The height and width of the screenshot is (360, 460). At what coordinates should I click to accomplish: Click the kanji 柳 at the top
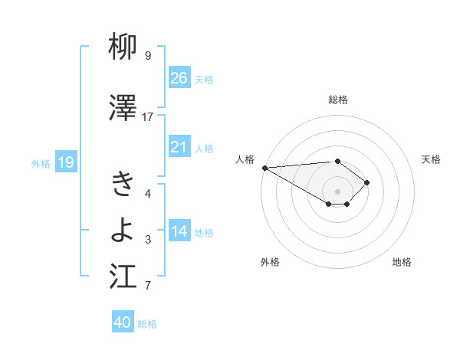(124, 49)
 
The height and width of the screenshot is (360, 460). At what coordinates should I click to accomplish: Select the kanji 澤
(124, 110)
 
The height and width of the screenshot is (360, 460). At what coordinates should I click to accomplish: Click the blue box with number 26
(179, 78)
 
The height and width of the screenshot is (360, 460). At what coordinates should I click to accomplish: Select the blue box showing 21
(179, 147)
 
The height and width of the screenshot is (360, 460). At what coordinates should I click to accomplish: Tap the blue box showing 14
(179, 231)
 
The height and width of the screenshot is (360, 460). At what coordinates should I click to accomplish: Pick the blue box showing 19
(65, 162)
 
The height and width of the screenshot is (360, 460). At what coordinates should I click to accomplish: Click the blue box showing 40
(123, 322)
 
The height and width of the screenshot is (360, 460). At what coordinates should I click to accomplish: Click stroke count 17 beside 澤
(148, 116)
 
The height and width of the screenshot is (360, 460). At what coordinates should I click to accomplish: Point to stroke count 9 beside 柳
(148, 56)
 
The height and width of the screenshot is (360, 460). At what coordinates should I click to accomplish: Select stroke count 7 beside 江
(148, 286)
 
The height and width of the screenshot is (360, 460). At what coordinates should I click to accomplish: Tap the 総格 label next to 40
(147, 324)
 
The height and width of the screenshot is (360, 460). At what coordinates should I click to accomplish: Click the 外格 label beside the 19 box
(41, 163)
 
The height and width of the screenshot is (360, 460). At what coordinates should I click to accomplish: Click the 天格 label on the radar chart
(432, 159)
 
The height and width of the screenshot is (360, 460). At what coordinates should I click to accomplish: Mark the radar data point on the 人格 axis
(264, 167)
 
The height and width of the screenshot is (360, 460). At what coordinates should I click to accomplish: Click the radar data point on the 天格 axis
(368, 182)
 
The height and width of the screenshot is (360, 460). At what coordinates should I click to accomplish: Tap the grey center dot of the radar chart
(337, 191)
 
